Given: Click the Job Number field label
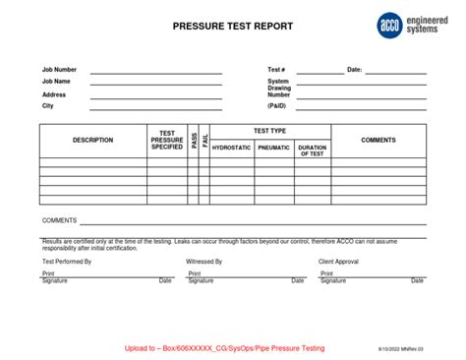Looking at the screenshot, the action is pyautogui.click(x=59, y=71).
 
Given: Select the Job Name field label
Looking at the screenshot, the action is pyautogui.click(x=57, y=83).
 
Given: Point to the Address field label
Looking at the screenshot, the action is pyautogui.click(x=54, y=94).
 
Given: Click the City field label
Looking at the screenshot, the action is pyautogui.click(x=47, y=105).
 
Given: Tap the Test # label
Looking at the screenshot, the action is pyautogui.click(x=276, y=71).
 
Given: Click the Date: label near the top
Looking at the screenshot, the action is pyautogui.click(x=355, y=71).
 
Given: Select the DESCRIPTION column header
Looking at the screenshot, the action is pyautogui.click(x=92, y=140).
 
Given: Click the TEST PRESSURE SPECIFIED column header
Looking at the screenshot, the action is pyautogui.click(x=167, y=140).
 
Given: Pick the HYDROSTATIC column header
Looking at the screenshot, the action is pyautogui.click(x=232, y=148).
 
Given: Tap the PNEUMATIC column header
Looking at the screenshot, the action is pyautogui.click(x=274, y=148).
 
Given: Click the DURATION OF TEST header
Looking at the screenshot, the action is pyautogui.click(x=312, y=150).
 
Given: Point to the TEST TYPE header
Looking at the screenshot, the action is pyautogui.click(x=270, y=131).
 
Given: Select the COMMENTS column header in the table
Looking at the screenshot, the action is pyautogui.click(x=379, y=140).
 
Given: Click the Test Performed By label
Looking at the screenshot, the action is pyautogui.click(x=67, y=262).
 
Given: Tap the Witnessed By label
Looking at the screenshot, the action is pyautogui.click(x=204, y=262).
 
